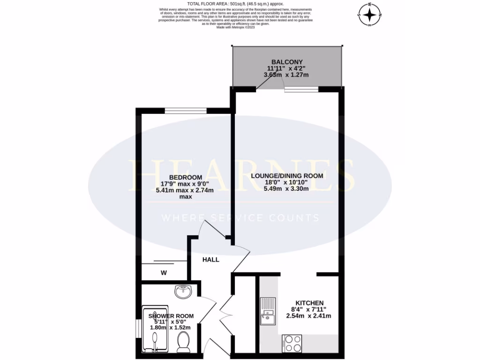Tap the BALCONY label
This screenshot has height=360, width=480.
[x=287, y=62]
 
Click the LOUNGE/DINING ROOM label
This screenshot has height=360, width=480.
[x=287, y=176]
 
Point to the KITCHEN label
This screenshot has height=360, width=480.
[x=309, y=303]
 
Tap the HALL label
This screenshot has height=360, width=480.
[x=210, y=259]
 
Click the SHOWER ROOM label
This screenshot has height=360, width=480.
[x=171, y=316]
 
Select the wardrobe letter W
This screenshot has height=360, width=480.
[x=164, y=272]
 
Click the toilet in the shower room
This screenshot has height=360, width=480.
[x=183, y=342]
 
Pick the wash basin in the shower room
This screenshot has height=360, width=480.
[x=183, y=292]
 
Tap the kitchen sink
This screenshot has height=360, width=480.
[x=268, y=311]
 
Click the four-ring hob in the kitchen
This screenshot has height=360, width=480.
[x=292, y=344]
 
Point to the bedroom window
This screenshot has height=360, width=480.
[x=186, y=111]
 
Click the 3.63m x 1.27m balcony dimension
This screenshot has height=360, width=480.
[x=287, y=75]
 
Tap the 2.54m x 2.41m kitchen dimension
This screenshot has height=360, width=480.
[x=309, y=316]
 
